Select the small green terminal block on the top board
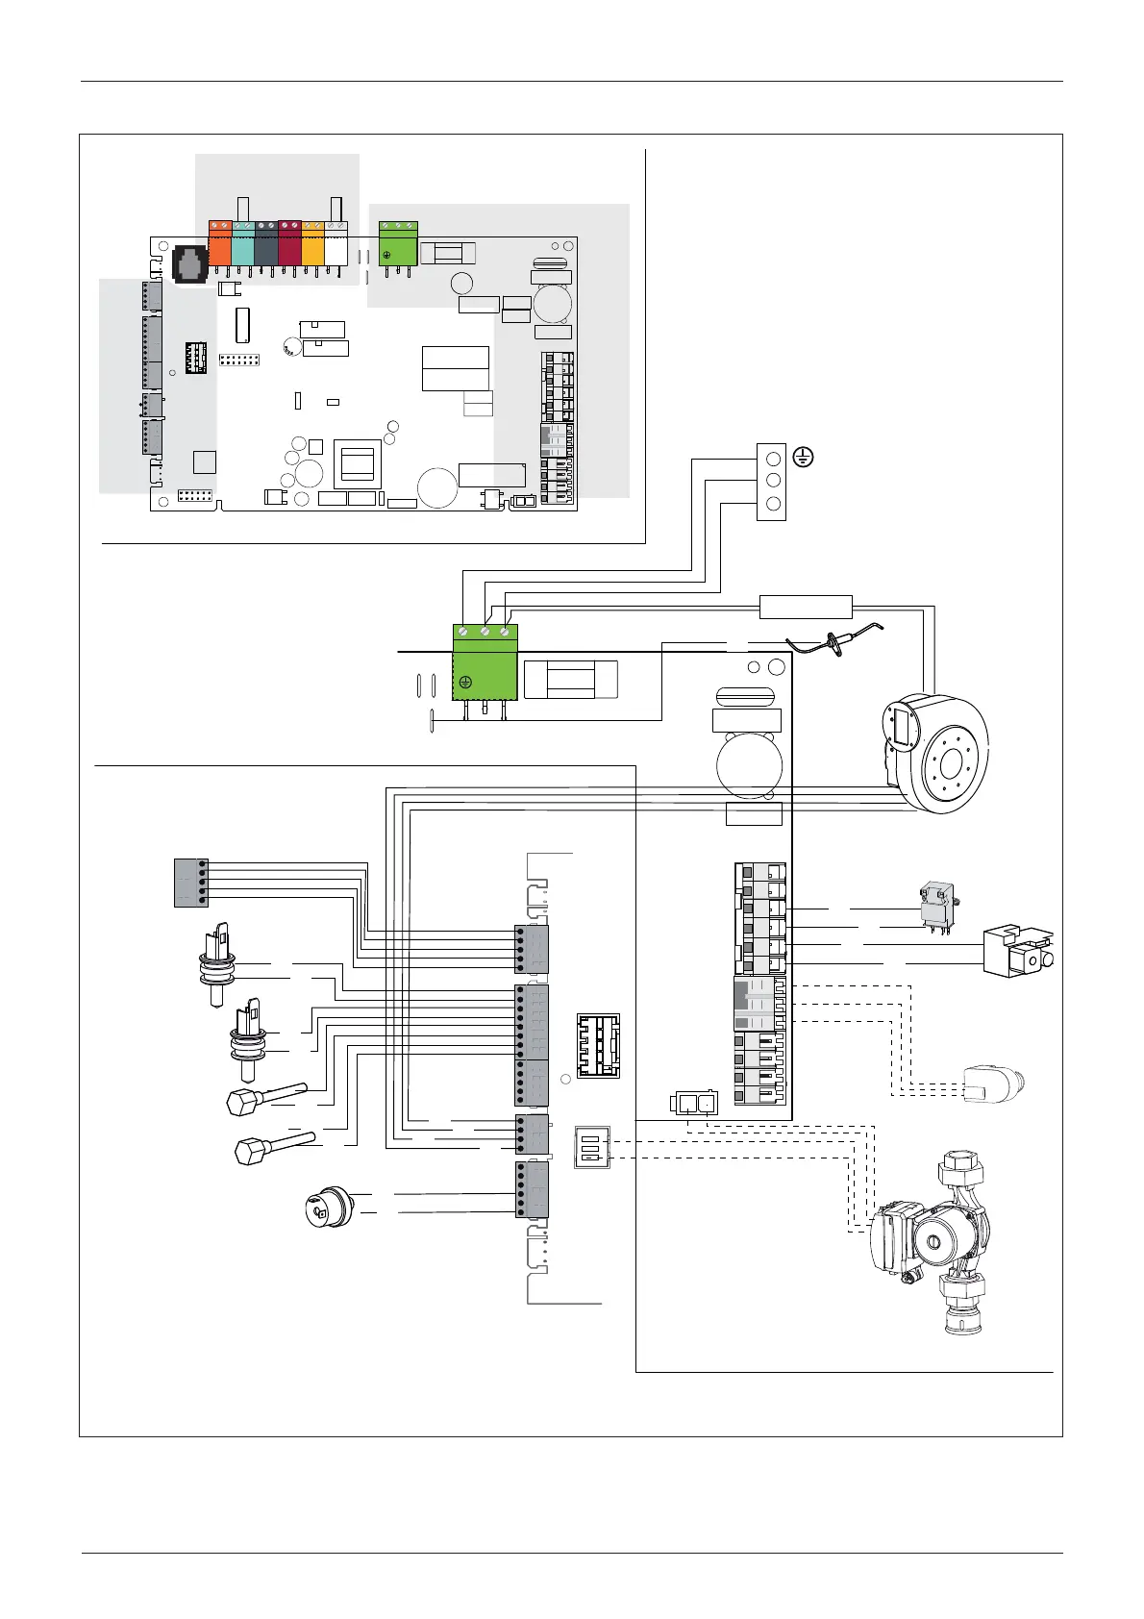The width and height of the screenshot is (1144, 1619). click(x=398, y=244)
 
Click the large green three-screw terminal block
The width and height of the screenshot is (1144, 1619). click(x=485, y=662)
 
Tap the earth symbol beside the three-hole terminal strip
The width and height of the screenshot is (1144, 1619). click(x=803, y=459)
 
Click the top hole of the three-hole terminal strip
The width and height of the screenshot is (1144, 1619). click(x=772, y=459)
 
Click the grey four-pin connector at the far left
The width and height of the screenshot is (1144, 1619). click(x=190, y=882)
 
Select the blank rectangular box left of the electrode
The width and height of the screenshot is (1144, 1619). click(x=806, y=607)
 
